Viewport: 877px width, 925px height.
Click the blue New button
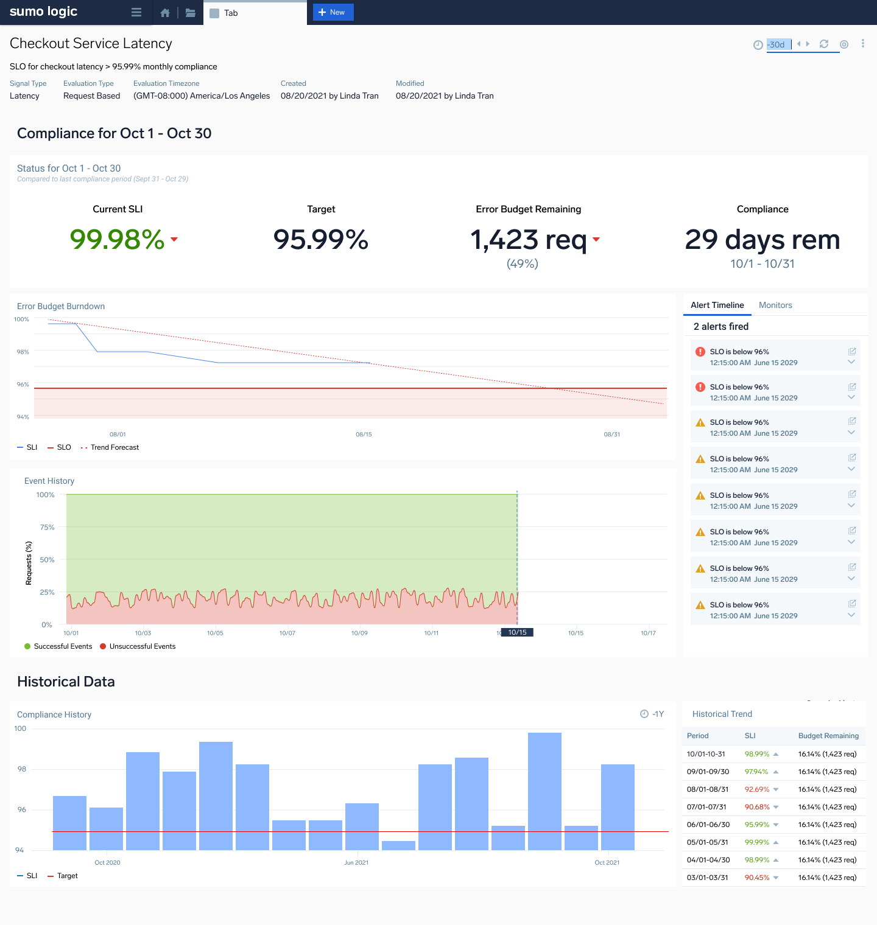coord(333,12)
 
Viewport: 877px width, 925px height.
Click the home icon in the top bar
coord(165,13)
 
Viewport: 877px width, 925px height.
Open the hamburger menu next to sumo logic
coord(136,13)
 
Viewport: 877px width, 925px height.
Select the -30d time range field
coord(778,44)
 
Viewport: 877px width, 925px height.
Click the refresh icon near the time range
coord(824,44)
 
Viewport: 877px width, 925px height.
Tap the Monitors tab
coord(775,305)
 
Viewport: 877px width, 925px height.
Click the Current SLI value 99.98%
coord(118,239)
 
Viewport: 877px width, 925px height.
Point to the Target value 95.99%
coord(321,239)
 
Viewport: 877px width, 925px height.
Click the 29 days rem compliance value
coord(763,239)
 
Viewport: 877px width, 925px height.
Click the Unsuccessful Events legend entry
coord(142,646)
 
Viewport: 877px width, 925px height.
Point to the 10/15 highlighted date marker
coord(517,632)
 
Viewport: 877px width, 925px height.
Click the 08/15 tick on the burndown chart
coord(364,435)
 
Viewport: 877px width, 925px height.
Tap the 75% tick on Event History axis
coord(47,527)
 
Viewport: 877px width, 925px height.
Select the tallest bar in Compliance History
coord(544,791)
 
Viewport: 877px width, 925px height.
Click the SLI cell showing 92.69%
coord(757,789)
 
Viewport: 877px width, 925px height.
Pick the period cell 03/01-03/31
coord(707,878)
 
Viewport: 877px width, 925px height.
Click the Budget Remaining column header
coord(828,736)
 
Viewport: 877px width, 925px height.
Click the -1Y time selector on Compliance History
coord(652,714)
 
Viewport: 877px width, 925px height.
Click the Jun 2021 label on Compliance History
coord(356,862)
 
